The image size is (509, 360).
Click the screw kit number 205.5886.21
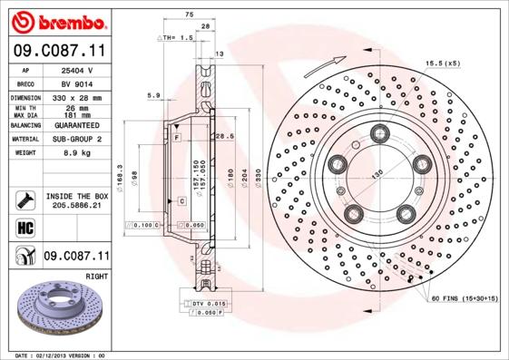click(x=76, y=208)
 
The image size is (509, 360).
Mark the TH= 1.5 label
click(x=181, y=38)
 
